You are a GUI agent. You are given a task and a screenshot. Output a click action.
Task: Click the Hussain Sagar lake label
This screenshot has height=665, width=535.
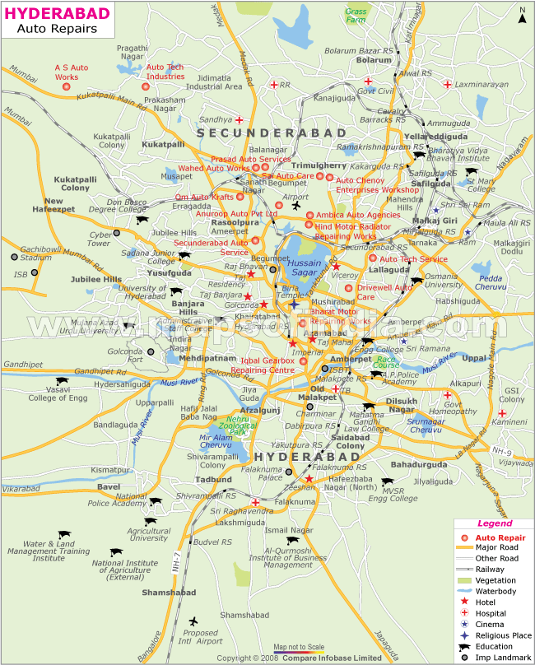305,267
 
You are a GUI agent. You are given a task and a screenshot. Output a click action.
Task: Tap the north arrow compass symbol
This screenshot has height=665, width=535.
522,12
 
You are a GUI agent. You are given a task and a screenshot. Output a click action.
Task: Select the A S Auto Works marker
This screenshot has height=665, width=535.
67,86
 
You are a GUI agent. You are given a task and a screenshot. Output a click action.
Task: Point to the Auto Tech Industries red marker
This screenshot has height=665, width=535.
146,86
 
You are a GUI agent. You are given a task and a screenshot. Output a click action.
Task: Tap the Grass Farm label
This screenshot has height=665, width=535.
357,16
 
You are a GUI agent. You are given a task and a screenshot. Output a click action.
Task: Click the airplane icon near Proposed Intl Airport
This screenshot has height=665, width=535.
193,621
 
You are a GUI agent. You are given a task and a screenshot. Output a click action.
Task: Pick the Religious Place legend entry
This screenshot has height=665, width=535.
503,635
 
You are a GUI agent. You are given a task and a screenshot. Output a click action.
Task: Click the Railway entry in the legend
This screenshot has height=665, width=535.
491,569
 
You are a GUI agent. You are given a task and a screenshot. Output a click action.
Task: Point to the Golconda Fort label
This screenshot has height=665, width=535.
147,355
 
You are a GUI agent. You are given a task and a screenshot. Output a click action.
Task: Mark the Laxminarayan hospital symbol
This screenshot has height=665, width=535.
447,85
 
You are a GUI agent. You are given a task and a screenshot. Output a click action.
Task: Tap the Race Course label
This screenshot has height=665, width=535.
386,361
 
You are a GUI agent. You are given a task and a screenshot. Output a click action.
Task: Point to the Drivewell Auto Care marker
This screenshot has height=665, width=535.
348,288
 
